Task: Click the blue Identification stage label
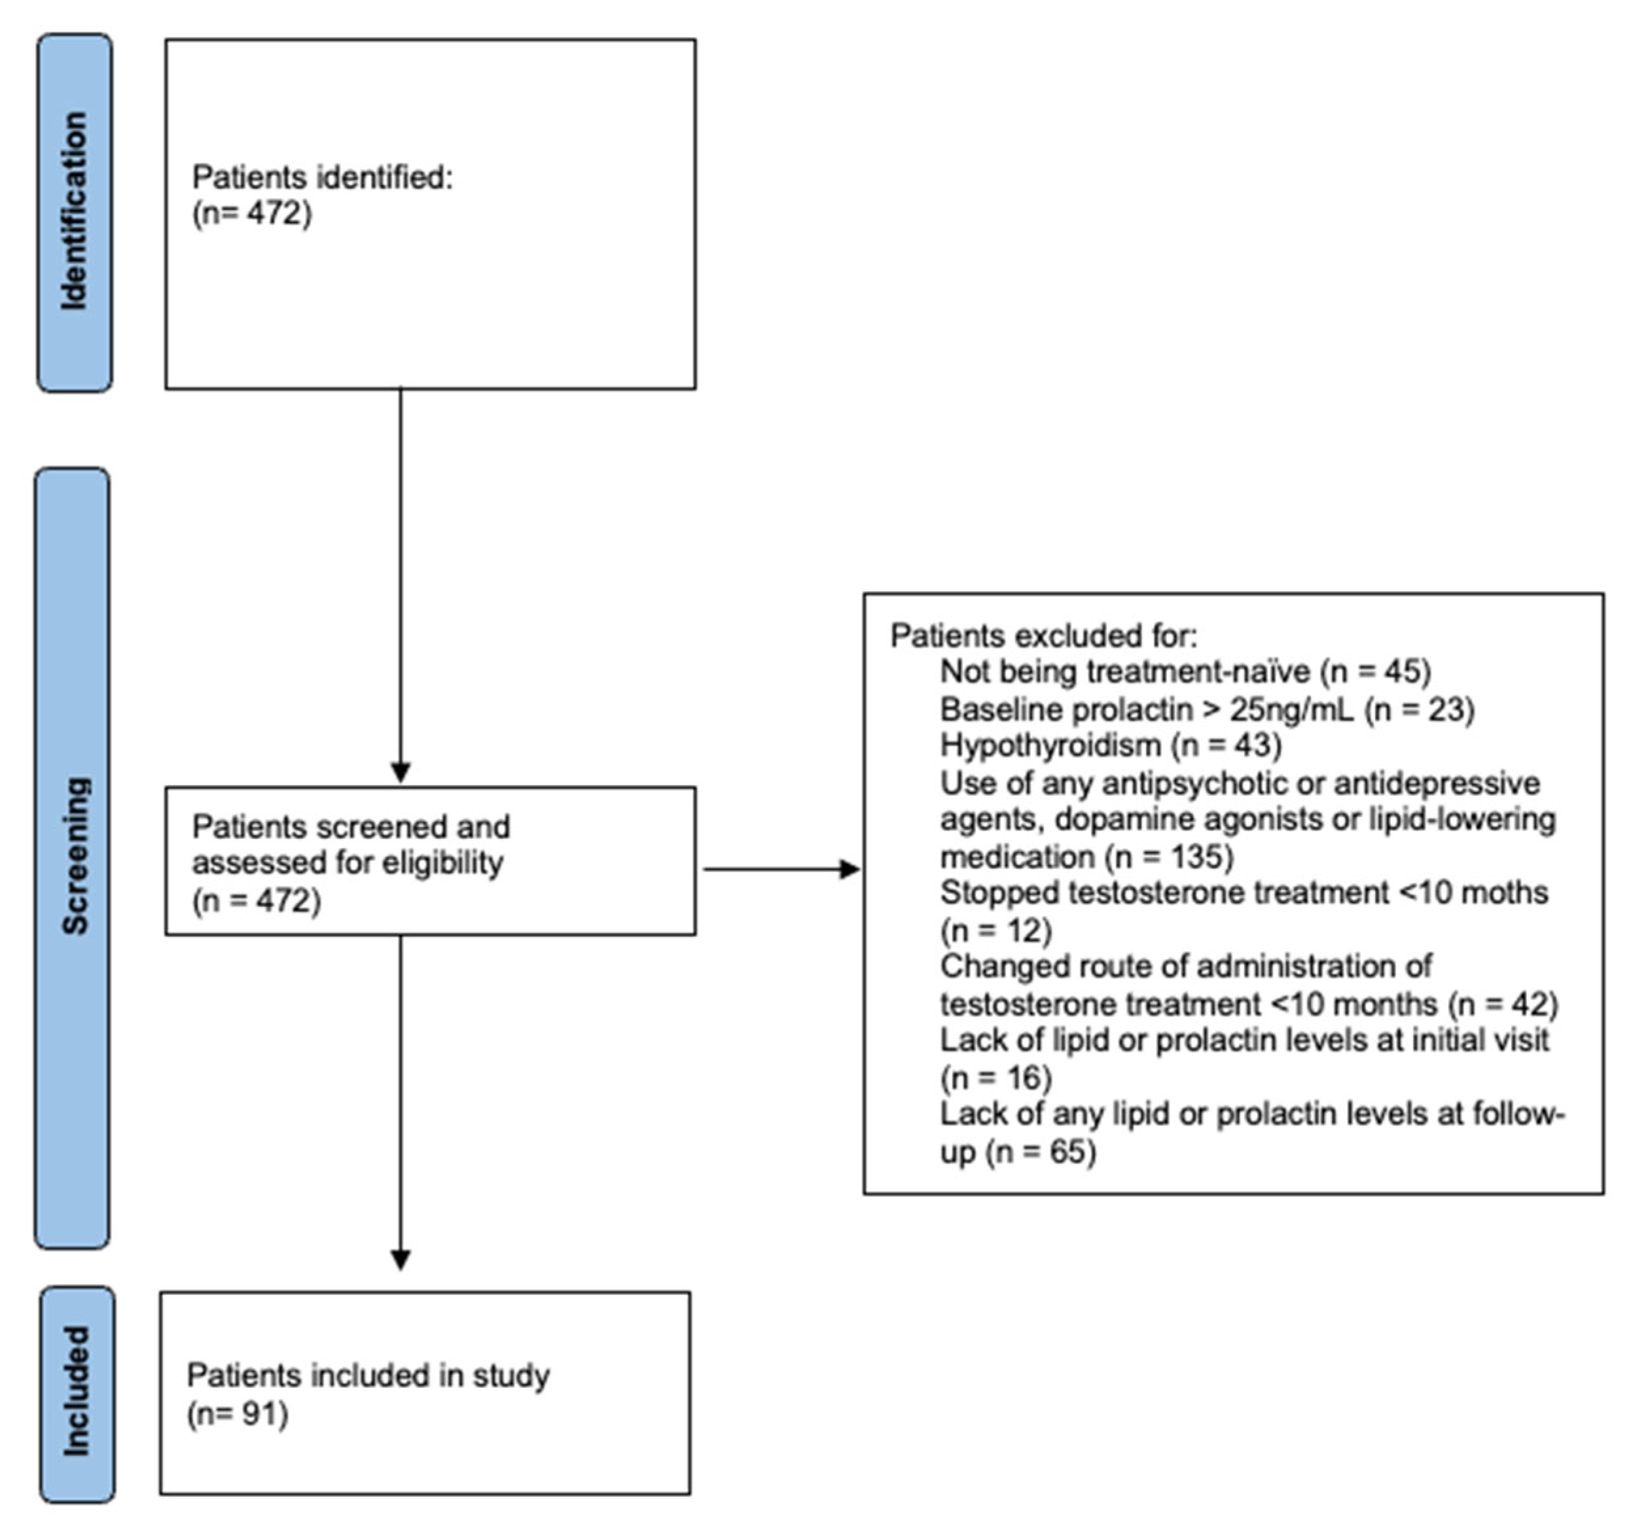pos(74,212)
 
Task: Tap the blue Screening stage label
pos(73,857)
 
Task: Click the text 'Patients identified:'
pos(323,177)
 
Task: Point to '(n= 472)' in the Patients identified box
pos(252,214)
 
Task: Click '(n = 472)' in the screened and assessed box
pos(256,900)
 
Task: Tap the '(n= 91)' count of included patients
pos(237,1414)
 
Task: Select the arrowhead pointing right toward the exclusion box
pos(849,869)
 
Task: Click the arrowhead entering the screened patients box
pos(401,773)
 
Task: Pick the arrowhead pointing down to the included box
pos(401,1260)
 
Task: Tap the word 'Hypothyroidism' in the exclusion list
pos(1049,745)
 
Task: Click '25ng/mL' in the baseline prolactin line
pos(1291,709)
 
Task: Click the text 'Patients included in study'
pos(368,1376)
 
